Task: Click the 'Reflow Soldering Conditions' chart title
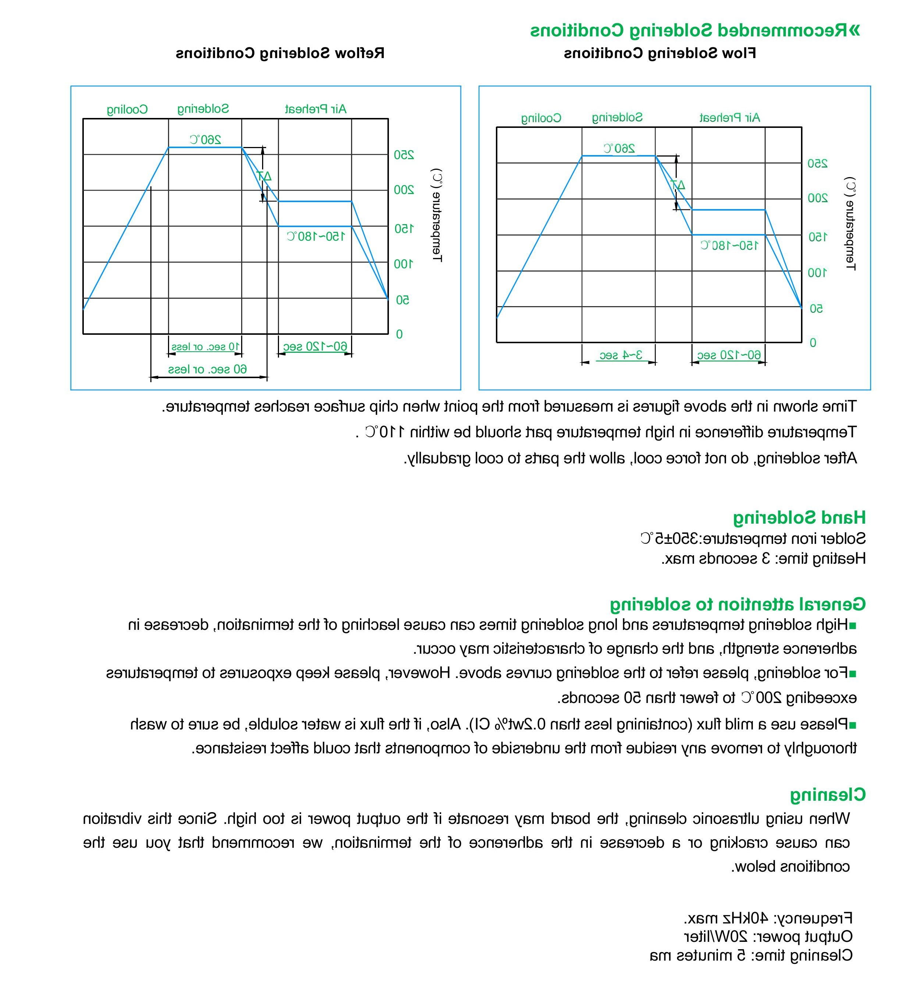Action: [x=280, y=53]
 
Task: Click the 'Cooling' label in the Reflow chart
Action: [x=127, y=109]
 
